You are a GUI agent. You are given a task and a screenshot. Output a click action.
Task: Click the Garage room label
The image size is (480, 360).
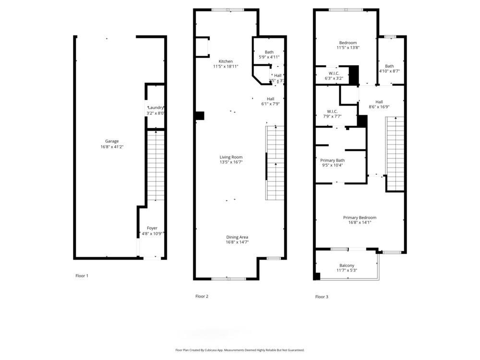(x=112, y=141)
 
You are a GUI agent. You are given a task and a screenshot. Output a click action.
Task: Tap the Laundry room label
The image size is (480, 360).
(x=156, y=108)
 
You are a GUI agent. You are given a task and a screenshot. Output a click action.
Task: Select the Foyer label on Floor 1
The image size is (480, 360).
(x=152, y=228)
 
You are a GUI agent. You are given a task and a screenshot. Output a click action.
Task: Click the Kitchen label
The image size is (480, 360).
(x=226, y=61)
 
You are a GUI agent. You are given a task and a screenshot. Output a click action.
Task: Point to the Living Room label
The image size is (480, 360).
(x=231, y=157)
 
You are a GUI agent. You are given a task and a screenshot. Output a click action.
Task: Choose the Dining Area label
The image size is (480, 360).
(x=237, y=237)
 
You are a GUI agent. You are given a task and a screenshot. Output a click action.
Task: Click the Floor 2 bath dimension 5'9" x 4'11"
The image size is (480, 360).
(x=269, y=57)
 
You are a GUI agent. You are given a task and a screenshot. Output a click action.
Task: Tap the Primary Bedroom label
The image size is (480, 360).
(x=360, y=217)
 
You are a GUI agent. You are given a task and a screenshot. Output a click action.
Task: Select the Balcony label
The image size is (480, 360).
(x=347, y=265)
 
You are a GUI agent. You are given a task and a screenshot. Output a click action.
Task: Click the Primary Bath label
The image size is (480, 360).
(x=332, y=160)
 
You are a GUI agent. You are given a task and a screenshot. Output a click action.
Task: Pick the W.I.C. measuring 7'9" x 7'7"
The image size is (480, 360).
(x=331, y=111)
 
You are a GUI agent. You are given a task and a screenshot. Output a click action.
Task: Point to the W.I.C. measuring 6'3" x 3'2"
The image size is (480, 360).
(x=334, y=73)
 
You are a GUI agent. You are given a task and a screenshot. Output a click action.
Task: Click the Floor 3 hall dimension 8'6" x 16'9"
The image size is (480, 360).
(x=379, y=107)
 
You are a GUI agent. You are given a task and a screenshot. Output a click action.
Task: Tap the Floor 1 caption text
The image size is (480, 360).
(x=82, y=276)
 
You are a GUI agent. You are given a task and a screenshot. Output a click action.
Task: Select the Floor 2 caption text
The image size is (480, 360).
(x=202, y=297)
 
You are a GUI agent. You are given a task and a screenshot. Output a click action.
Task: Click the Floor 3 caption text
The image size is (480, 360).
(x=322, y=297)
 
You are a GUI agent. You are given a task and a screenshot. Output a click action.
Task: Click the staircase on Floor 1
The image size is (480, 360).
(x=155, y=166)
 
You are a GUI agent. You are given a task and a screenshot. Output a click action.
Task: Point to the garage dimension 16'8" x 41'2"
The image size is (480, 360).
(x=112, y=146)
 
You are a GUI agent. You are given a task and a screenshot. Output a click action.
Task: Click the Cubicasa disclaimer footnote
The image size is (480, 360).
(x=240, y=350)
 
